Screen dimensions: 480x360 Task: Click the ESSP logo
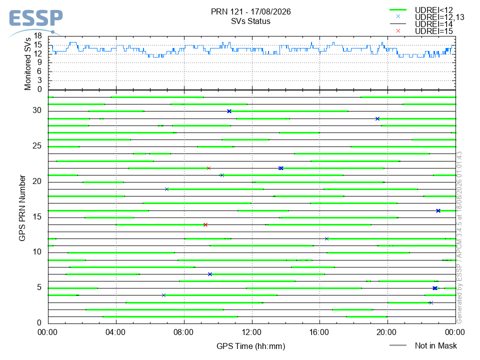[x=36, y=22]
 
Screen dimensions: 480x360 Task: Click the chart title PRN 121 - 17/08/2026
[x=250, y=11]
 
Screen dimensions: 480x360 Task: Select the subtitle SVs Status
[x=250, y=21]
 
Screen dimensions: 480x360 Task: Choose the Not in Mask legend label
[x=435, y=345]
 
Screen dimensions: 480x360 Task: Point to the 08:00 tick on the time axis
[x=183, y=332]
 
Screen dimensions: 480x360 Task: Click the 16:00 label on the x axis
[x=319, y=332]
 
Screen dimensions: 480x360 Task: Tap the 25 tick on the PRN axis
[x=37, y=145]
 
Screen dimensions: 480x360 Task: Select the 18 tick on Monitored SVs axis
[x=38, y=36]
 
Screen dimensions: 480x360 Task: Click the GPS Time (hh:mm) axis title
[x=250, y=346]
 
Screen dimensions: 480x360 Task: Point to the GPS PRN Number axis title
[x=22, y=208]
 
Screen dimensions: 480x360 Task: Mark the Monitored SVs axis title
[x=27, y=64]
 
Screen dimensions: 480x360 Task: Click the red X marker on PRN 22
[x=209, y=168]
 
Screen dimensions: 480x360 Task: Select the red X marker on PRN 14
[x=205, y=224]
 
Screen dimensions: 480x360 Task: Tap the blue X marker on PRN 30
[x=229, y=111]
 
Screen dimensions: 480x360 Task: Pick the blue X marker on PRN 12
[x=326, y=239]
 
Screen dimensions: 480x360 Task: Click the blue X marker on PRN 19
[x=167, y=189]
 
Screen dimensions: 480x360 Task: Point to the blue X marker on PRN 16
[x=438, y=210]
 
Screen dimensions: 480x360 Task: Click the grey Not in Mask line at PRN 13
[x=252, y=231]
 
